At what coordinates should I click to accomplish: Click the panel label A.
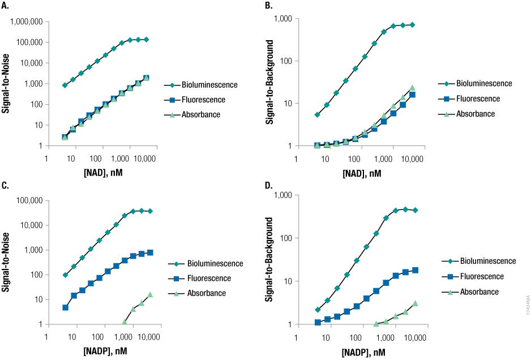click(x=6, y=6)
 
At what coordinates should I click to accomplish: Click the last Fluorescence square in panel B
click(x=413, y=95)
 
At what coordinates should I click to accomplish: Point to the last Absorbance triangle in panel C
click(x=150, y=294)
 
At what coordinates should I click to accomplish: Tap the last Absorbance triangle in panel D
click(x=415, y=303)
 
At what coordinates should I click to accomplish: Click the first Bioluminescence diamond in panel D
click(x=318, y=310)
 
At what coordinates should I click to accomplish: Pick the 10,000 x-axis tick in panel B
click(x=412, y=158)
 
